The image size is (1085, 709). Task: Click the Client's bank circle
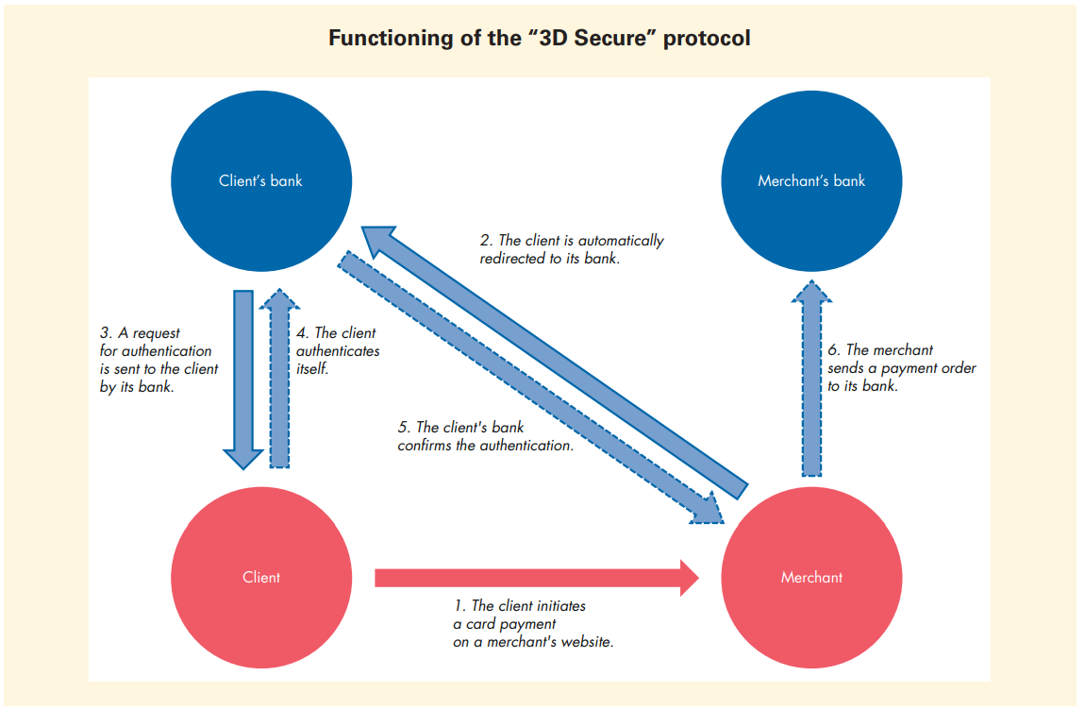tap(260, 180)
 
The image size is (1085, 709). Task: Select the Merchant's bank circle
tap(811, 180)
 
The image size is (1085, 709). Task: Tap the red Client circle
tap(260, 577)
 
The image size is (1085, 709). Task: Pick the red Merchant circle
tap(811, 577)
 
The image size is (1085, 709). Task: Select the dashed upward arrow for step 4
tap(280, 378)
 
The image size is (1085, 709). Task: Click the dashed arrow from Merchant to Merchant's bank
tap(811, 378)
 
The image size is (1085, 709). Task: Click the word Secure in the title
tap(614, 39)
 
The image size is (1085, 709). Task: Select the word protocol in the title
tap(707, 39)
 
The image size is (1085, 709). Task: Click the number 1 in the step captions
tap(459, 606)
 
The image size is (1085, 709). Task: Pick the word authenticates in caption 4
tap(338, 350)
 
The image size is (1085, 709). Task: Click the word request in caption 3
tap(154, 333)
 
